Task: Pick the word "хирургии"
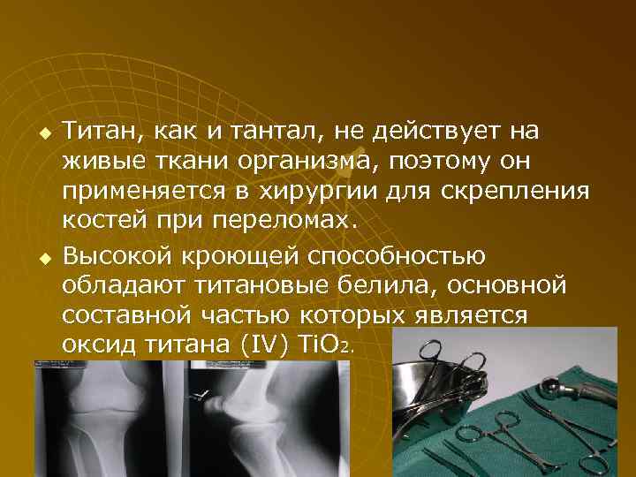click(291, 193)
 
